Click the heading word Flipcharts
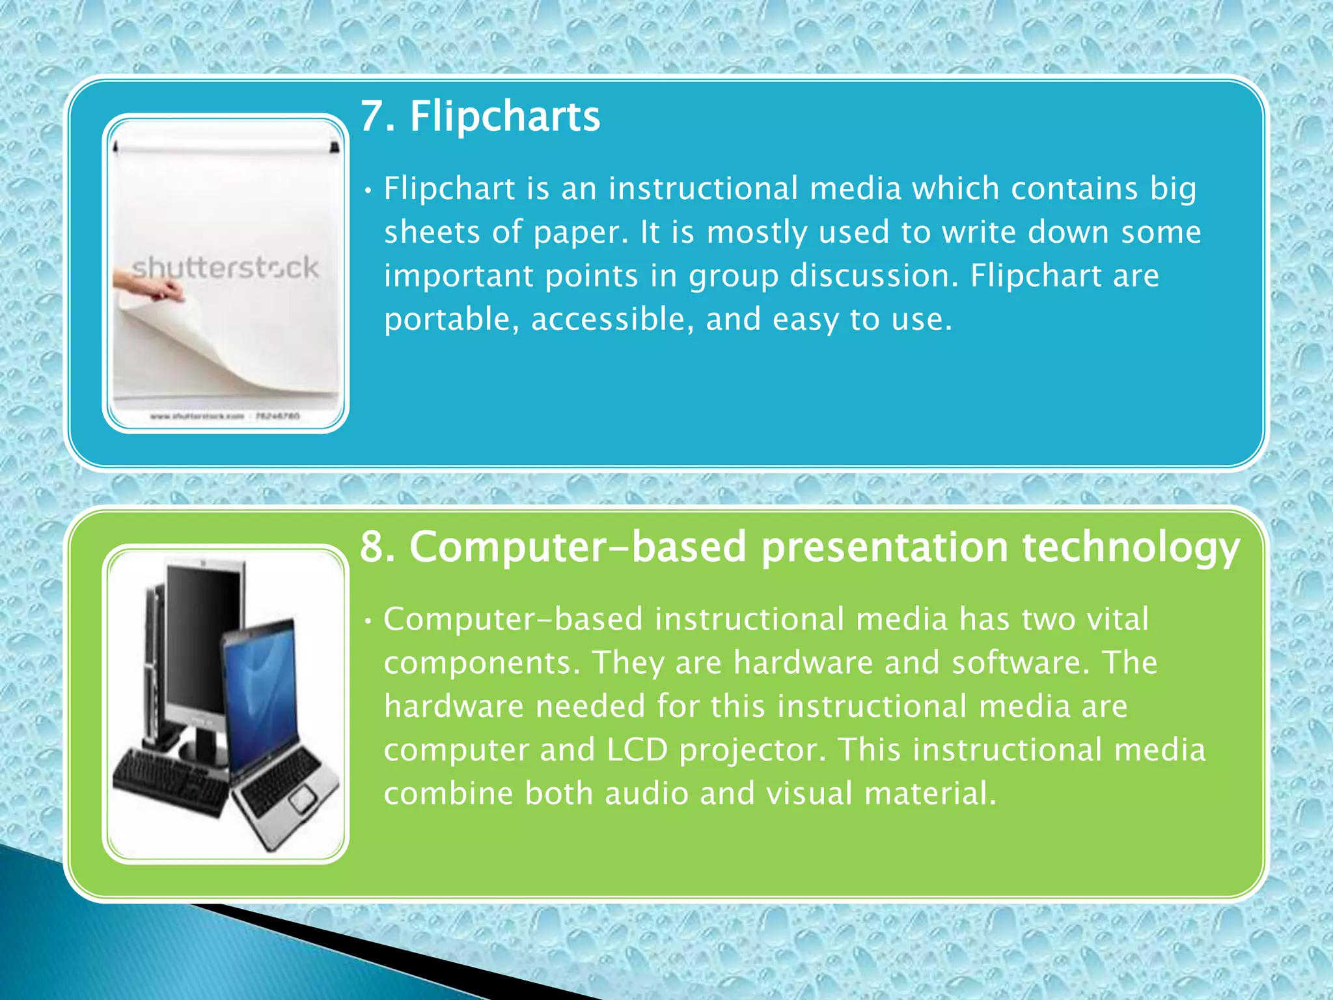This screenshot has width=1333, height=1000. coord(504,117)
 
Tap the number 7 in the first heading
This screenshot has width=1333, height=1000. coord(372,117)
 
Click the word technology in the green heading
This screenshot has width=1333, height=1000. coord(1131,548)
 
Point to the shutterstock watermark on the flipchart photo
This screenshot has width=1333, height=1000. coord(225,268)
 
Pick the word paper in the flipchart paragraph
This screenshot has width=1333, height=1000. coord(576,232)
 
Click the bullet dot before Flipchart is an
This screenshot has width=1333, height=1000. coord(368,191)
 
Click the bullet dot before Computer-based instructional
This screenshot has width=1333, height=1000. coord(368,621)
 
